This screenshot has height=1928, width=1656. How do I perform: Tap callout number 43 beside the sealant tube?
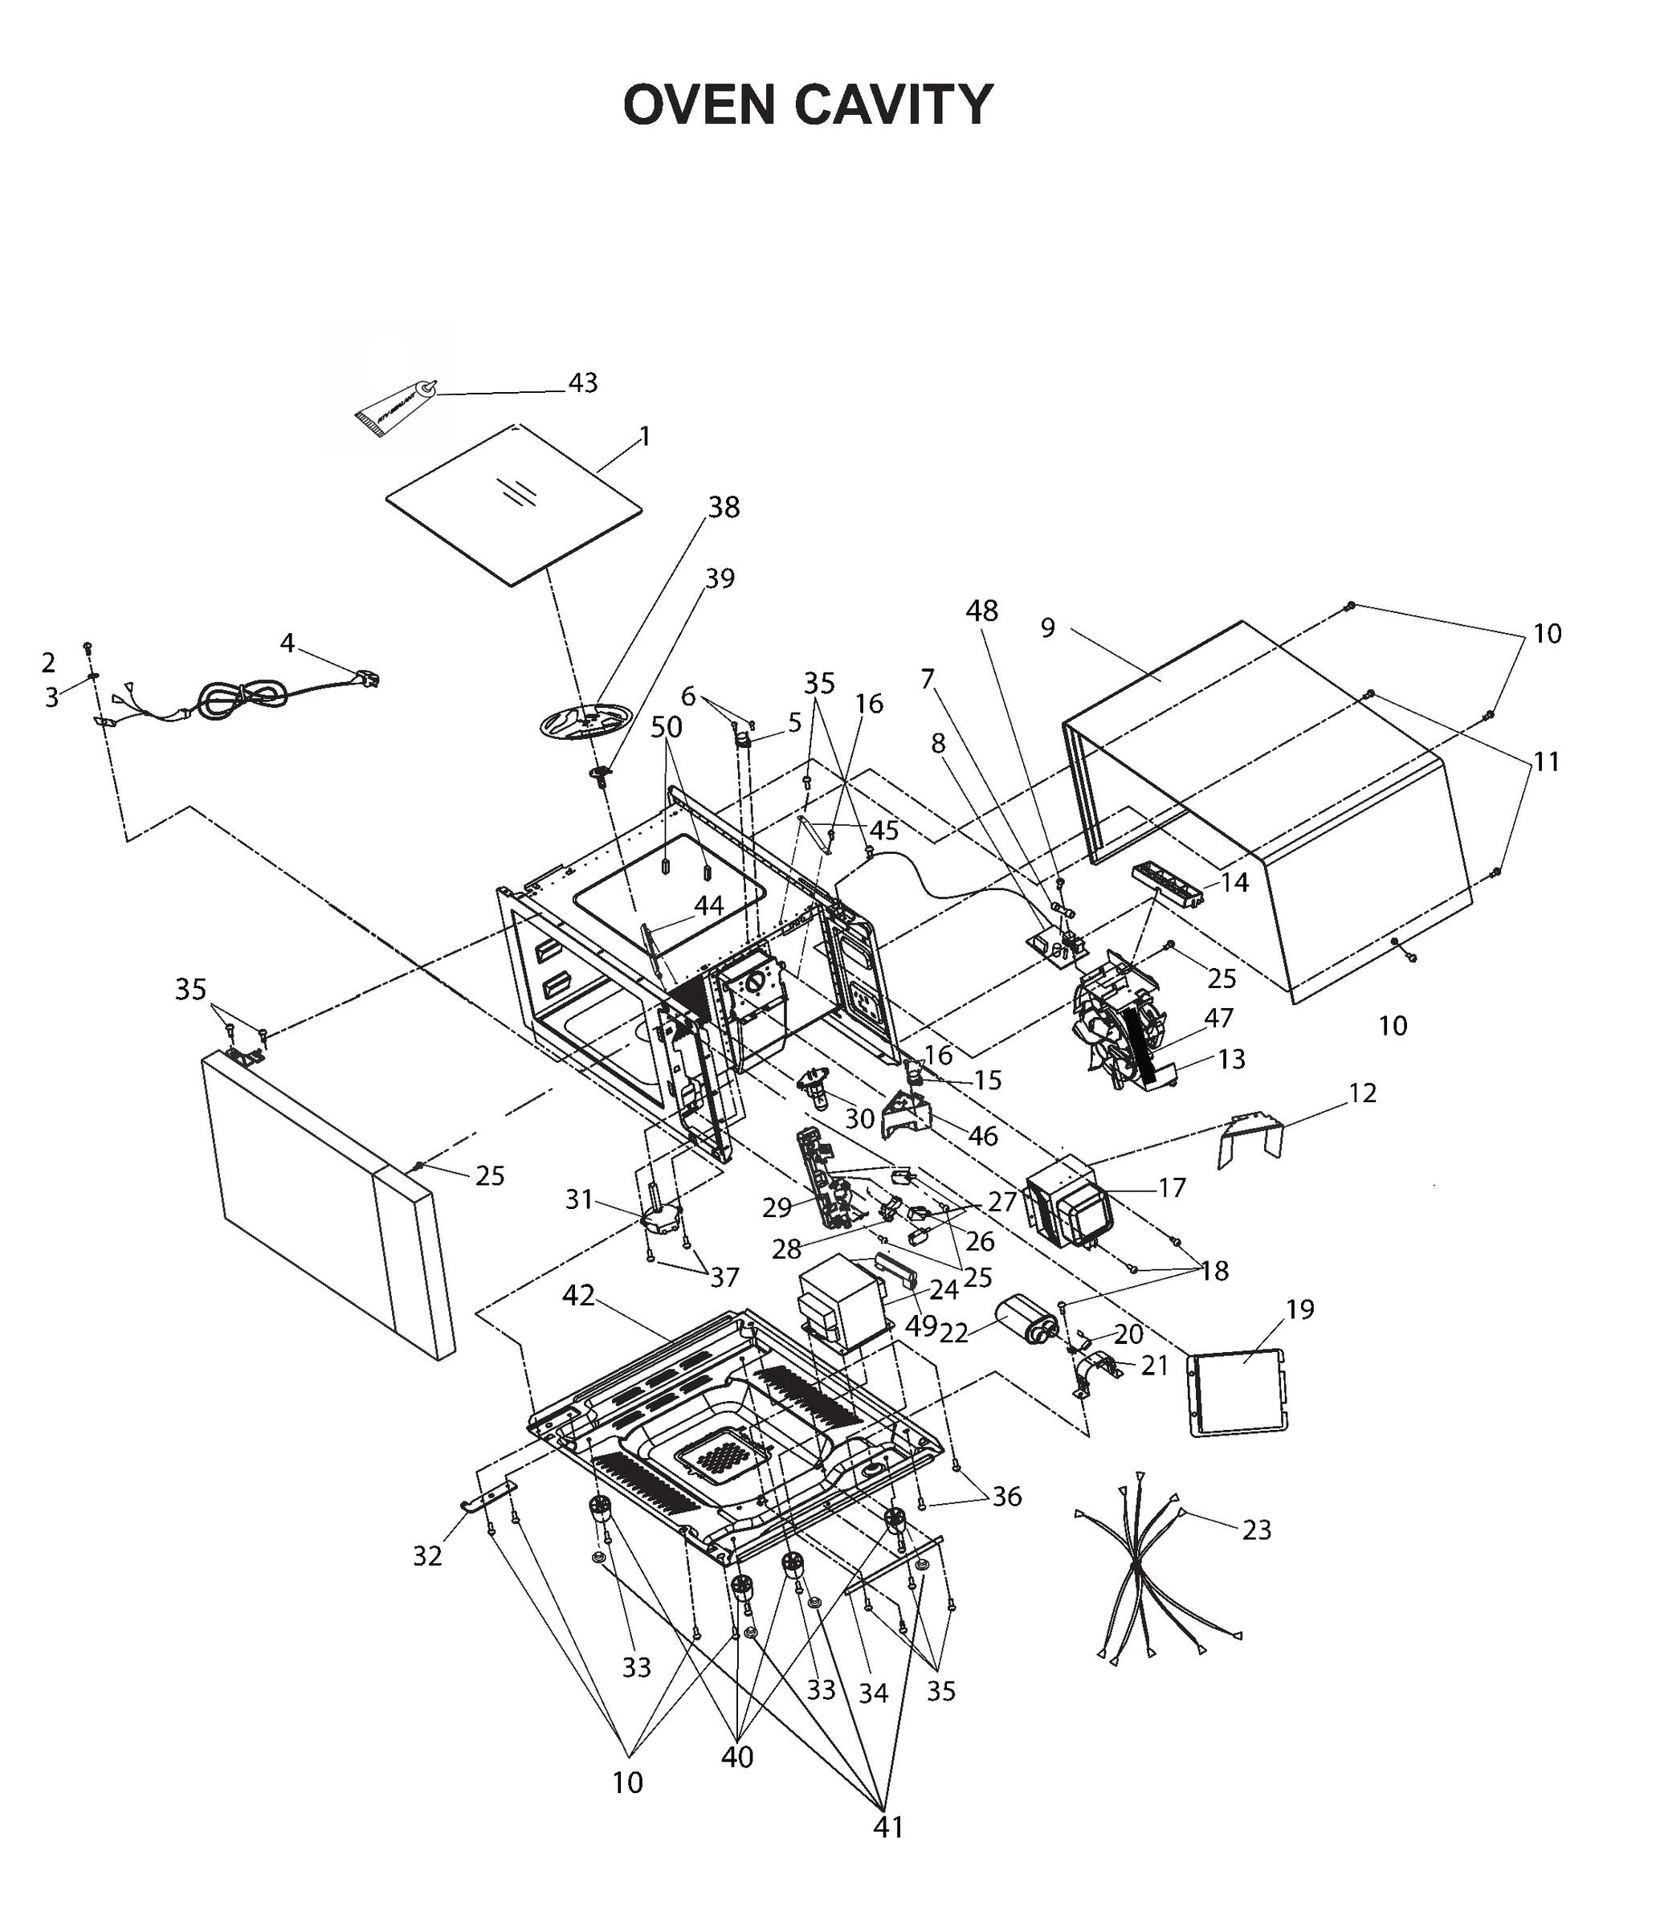click(582, 383)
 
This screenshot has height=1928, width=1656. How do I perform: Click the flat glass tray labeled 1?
click(513, 505)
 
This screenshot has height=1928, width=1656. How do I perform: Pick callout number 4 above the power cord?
click(288, 643)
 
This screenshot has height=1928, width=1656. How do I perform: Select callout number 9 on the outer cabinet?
click(1047, 628)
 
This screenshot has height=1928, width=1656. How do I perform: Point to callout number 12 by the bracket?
click(1361, 1093)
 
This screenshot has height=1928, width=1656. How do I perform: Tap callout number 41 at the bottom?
click(887, 1828)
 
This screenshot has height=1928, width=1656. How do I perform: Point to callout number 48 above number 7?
click(981, 611)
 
